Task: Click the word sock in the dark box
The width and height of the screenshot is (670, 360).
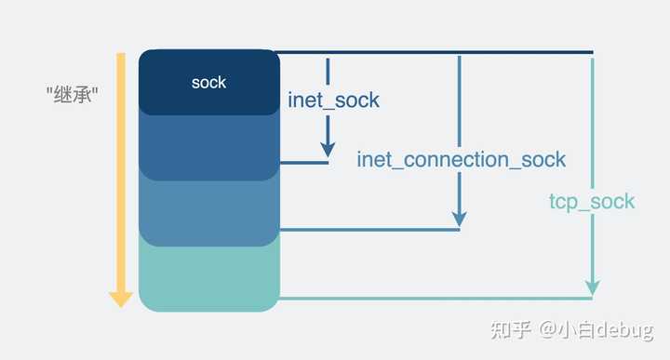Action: point(208,82)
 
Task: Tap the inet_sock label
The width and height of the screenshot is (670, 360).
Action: point(333,100)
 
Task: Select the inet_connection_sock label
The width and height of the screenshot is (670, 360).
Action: point(461,159)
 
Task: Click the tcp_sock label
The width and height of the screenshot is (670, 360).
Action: point(592,201)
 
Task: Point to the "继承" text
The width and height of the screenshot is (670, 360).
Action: point(73,95)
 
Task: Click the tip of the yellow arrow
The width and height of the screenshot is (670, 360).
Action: point(121,304)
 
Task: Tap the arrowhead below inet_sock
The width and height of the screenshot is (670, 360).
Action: point(328,149)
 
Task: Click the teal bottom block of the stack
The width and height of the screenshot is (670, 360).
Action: point(208,279)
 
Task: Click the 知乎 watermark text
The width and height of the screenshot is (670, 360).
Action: point(511,330)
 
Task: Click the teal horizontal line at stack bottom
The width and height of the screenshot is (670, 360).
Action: point(428,299)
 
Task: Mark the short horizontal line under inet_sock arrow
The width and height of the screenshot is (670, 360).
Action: point(304,163)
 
